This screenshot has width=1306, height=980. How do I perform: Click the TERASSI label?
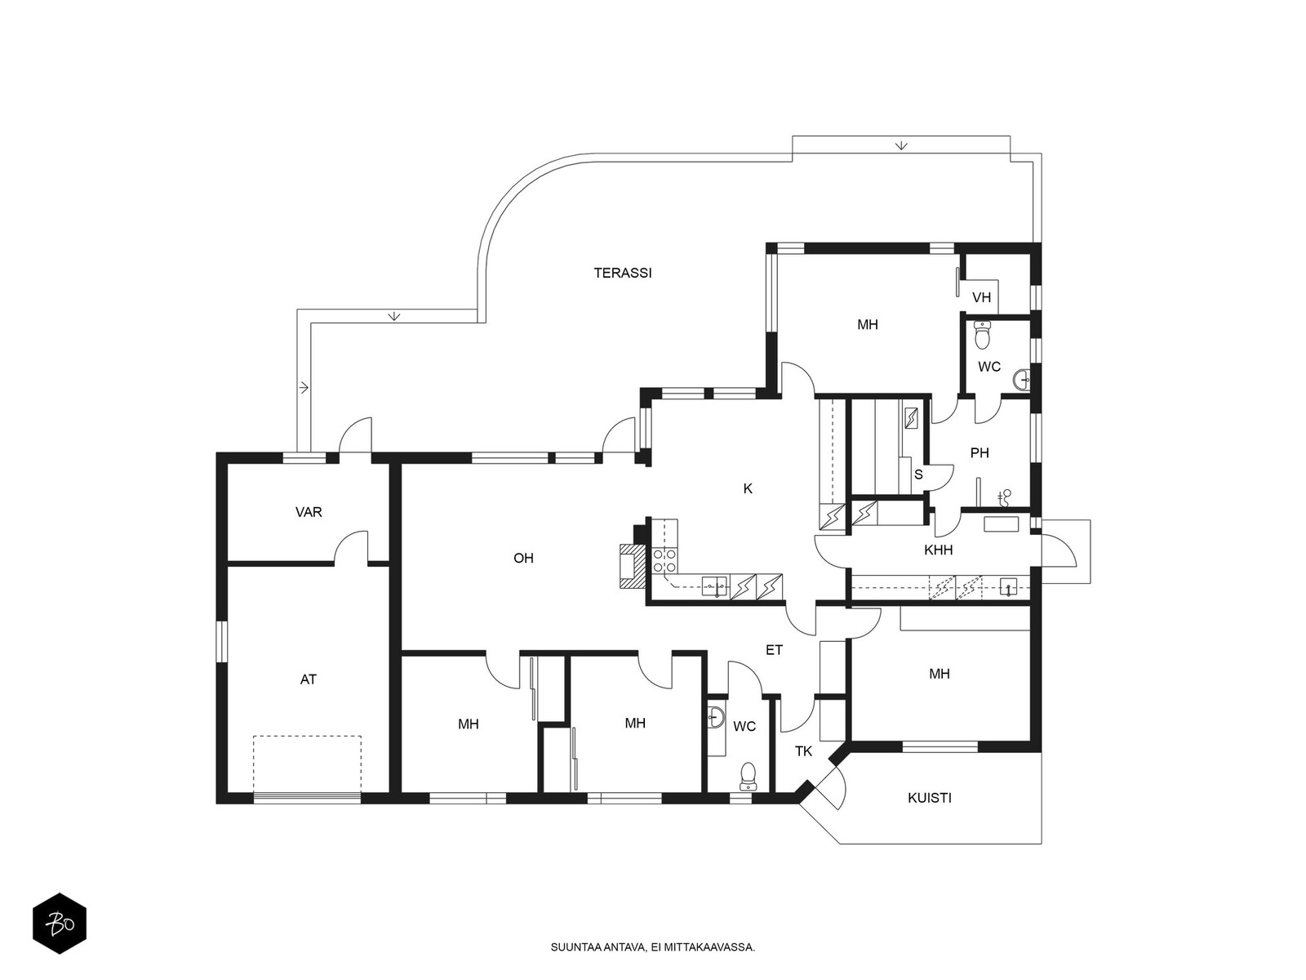622,273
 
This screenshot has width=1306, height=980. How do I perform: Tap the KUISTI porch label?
930,798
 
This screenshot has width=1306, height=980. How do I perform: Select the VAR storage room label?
309,512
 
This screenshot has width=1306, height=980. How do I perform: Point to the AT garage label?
309,679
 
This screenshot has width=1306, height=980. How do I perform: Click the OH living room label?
523,558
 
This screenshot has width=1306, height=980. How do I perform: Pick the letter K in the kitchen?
748,488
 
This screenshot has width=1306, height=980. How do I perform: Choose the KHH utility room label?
939,550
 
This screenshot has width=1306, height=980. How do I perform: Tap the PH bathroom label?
979,452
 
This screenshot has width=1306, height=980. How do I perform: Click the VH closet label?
982,297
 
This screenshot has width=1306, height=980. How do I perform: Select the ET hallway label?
774,650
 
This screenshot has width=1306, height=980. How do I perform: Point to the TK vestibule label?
803,751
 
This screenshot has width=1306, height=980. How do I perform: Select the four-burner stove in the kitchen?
664,560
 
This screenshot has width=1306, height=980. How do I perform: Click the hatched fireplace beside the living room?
631,566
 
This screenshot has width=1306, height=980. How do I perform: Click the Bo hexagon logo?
60,924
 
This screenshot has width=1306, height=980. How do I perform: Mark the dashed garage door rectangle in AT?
307,764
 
